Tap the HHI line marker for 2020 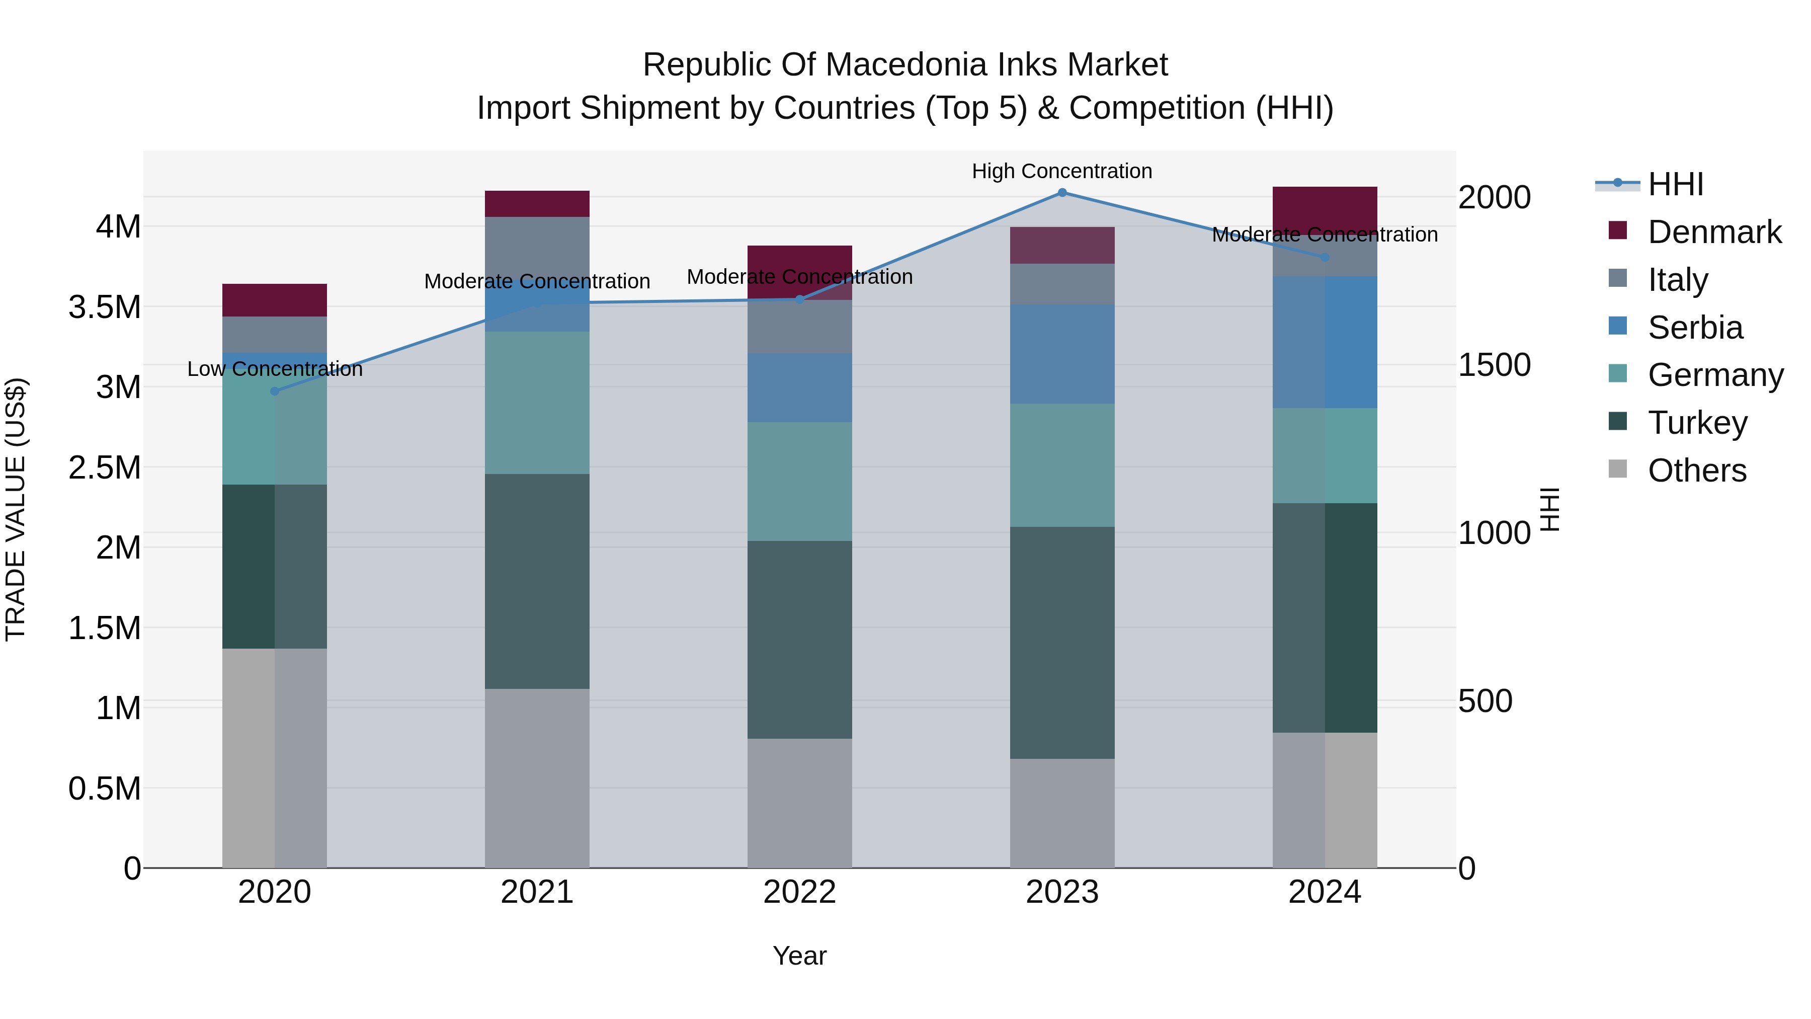(x=275, y=391)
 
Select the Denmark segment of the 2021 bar (x=537, y=204)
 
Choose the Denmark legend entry (x=1714, y=232)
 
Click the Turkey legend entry (x=1697, y=423)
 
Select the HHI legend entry (x=1675, y=184)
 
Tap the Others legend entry (x=1696, y=471)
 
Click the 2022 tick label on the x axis (x=799, y=892)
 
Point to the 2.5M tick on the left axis (x=105, y=467)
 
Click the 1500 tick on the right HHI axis (x=1494, y=365)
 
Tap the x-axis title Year (x=799, y=956)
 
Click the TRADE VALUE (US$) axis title (x=16, y=509)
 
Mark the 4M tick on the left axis (x=118, y=227)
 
